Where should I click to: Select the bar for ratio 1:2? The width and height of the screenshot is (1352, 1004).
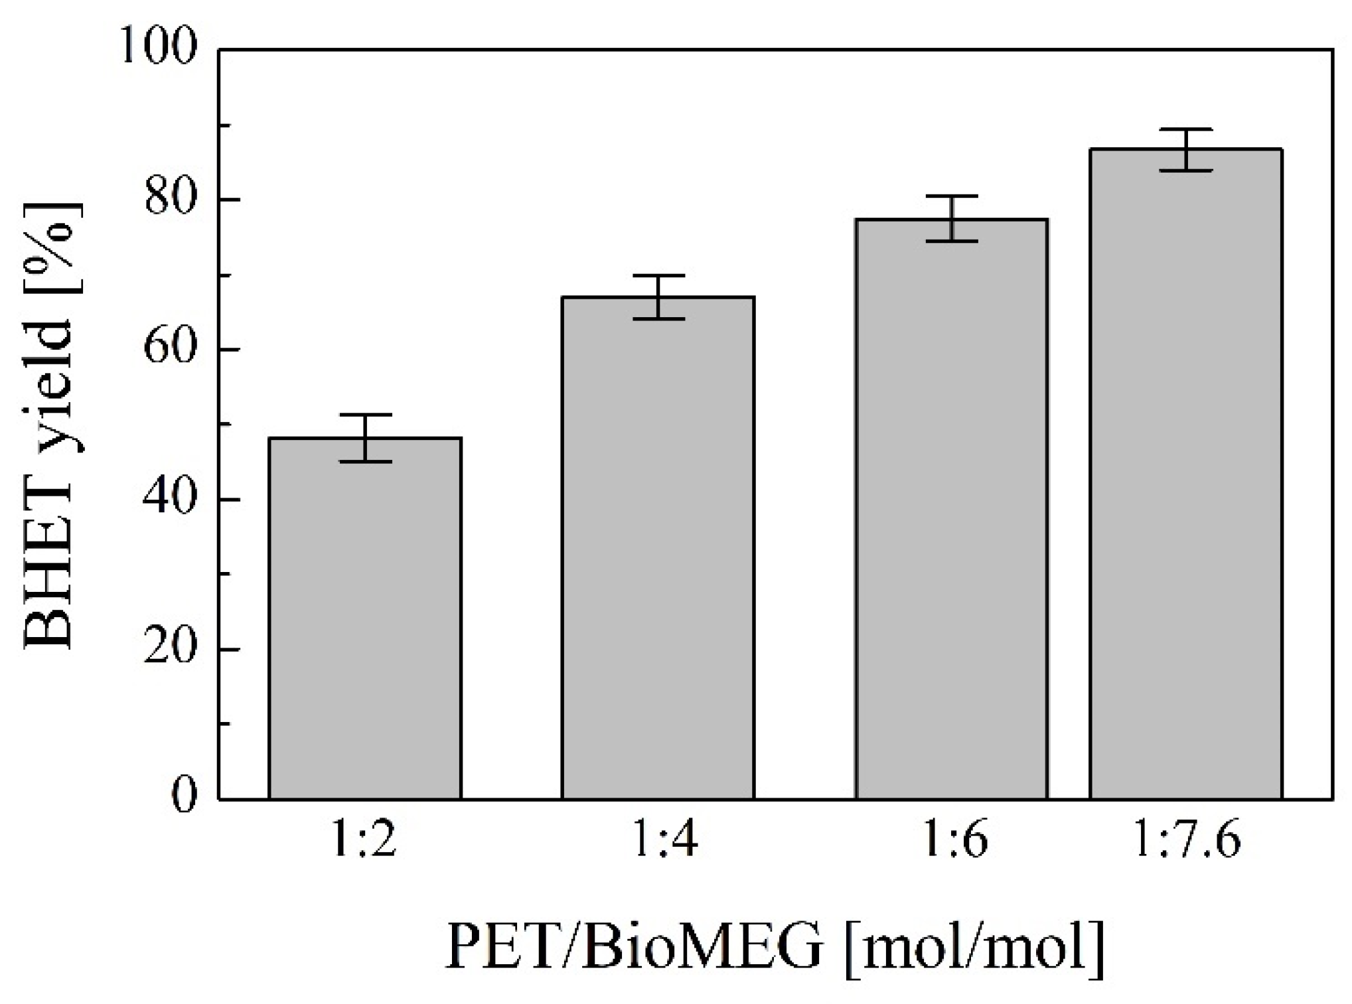(x=365, y=617)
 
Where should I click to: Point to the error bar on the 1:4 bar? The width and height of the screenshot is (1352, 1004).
(x=658, y=297)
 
